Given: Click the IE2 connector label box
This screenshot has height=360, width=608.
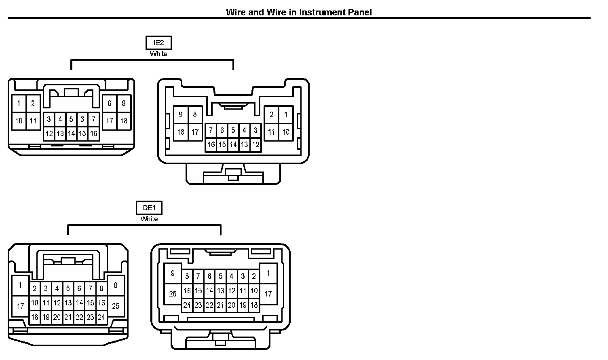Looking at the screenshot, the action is [x=158, y=42].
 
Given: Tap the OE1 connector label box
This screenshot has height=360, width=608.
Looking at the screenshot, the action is [x=149, y=208].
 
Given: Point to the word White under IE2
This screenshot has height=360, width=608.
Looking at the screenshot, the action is [x=158, y=54].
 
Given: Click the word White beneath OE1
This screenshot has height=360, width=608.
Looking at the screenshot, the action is [x=149, y=219].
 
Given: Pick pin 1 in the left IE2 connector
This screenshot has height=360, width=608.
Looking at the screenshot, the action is [x=19, y=104].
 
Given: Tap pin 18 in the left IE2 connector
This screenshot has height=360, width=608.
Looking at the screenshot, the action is [x=124, y=121].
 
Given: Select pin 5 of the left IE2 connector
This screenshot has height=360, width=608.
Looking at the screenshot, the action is [x=71, y=119].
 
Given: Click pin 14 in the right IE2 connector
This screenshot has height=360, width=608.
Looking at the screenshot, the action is [x=233, y=144].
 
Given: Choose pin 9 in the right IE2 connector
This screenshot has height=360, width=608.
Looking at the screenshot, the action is [x=180, y=114].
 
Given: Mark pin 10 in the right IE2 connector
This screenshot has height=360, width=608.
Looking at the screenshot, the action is [x=286, y=132].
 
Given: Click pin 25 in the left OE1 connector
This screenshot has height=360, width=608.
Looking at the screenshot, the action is [x=116, y=306].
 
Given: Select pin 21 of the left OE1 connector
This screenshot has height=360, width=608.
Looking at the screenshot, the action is [x=68, y=318].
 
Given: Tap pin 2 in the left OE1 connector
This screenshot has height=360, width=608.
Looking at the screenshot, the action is [x=35, y=288].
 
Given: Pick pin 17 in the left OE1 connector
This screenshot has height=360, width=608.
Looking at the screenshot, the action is [x=20, y=306].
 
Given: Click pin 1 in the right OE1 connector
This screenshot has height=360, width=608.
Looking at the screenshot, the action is [x=268, y=274].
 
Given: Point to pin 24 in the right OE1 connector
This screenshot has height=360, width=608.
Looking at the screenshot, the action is [x=187, y=305].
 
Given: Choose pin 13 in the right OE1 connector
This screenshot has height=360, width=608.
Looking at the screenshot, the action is [x=220, y=290].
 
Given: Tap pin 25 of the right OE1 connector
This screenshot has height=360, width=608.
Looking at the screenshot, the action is [x=173, y=294].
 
